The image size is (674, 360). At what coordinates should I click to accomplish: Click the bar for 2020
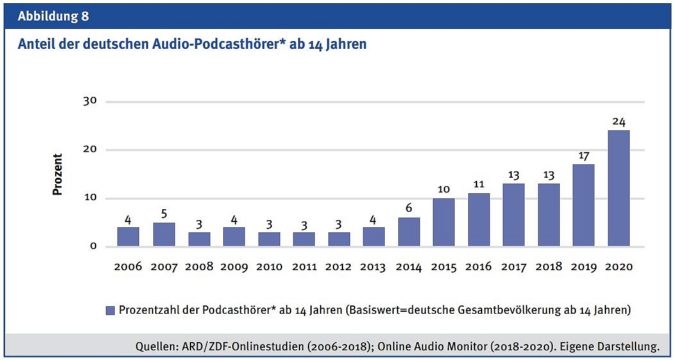pos(618,188)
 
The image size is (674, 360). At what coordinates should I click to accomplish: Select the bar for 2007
pos(164,234)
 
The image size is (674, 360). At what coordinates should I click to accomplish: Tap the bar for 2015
pos(444,222)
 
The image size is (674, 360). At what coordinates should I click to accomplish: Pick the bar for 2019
pos(583,205)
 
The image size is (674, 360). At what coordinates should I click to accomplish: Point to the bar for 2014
pos(409,232)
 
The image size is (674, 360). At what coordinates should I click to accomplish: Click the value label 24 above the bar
pos(618,121)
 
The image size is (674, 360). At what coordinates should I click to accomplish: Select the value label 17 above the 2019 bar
pos(583,155)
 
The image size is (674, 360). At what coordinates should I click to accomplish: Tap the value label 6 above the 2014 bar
pos(409,208)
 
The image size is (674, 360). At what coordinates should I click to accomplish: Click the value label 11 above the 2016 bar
pos(478,184)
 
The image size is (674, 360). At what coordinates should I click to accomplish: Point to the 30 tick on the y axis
pos(90,101)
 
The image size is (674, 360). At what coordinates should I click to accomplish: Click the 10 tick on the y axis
pos(90,198)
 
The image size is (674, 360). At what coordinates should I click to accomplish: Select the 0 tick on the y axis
pos(93,246)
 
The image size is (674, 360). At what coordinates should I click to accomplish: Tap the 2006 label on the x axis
pos(128,266)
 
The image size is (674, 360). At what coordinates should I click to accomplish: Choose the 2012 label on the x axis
pos(339,266)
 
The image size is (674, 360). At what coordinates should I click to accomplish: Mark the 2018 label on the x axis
pos(548,266)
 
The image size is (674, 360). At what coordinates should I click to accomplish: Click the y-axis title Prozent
pos(58,174)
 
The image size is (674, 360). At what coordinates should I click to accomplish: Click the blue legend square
pos(110,310)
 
